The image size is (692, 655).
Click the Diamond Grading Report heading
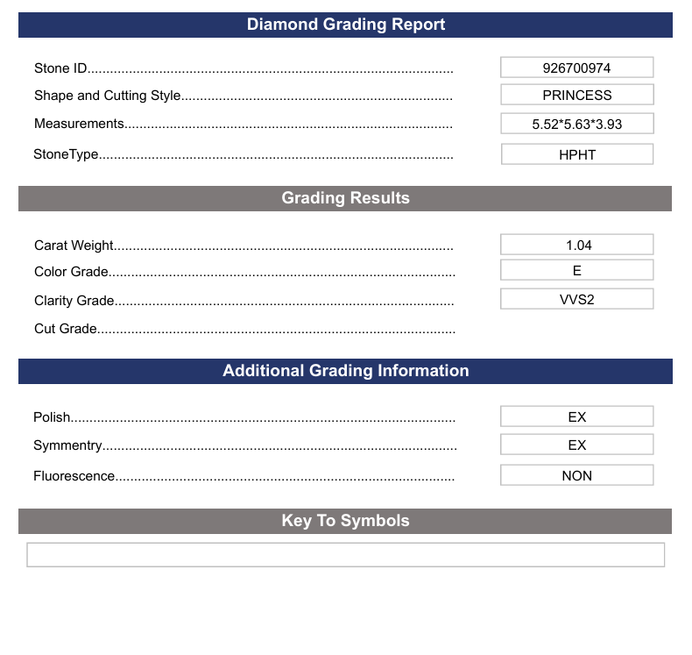pyautogui.click(x=345, y=25)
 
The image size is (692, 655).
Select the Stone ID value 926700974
pyautogui.click(x=576, y=68)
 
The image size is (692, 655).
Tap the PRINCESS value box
pyautogui.click(x=576, y=95)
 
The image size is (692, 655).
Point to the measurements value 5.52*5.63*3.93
pyautogui.click(x=576, y=124)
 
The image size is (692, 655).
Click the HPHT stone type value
pyautogui.click(x=576, y=154)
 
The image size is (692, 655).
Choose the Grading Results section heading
pyautogui.click(x=345, y=198)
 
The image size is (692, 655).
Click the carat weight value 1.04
pyautogui.click(x=576, y=245)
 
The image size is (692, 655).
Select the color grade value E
pyautogui.click(x=576, y=271)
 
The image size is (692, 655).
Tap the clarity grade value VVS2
pyautogui.click(x=576, y=299)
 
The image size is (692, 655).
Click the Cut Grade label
pyautogui.click(x=66, y=329)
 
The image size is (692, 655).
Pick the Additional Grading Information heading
pyautogui.click(x=345, y=371)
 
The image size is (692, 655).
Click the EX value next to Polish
pyautogui.click(x=576, y=416)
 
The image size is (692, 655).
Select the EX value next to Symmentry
pyautogui.click(x=576, y=445)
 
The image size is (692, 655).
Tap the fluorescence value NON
pyautogui.click(x=576, y=475)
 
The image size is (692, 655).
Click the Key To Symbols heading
pyautogui.click(x=345, y=521)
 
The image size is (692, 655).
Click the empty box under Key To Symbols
pyautogui.click(x=345, y=555)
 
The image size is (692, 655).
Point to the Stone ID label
pyautogui.click(x=60, y=68)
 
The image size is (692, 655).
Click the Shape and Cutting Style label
pyautogui.click(x=107, y=96)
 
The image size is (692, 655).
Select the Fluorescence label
pyautogui.click(x=74, y=476)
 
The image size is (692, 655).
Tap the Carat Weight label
pyautogui.click(x=74, y=246)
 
